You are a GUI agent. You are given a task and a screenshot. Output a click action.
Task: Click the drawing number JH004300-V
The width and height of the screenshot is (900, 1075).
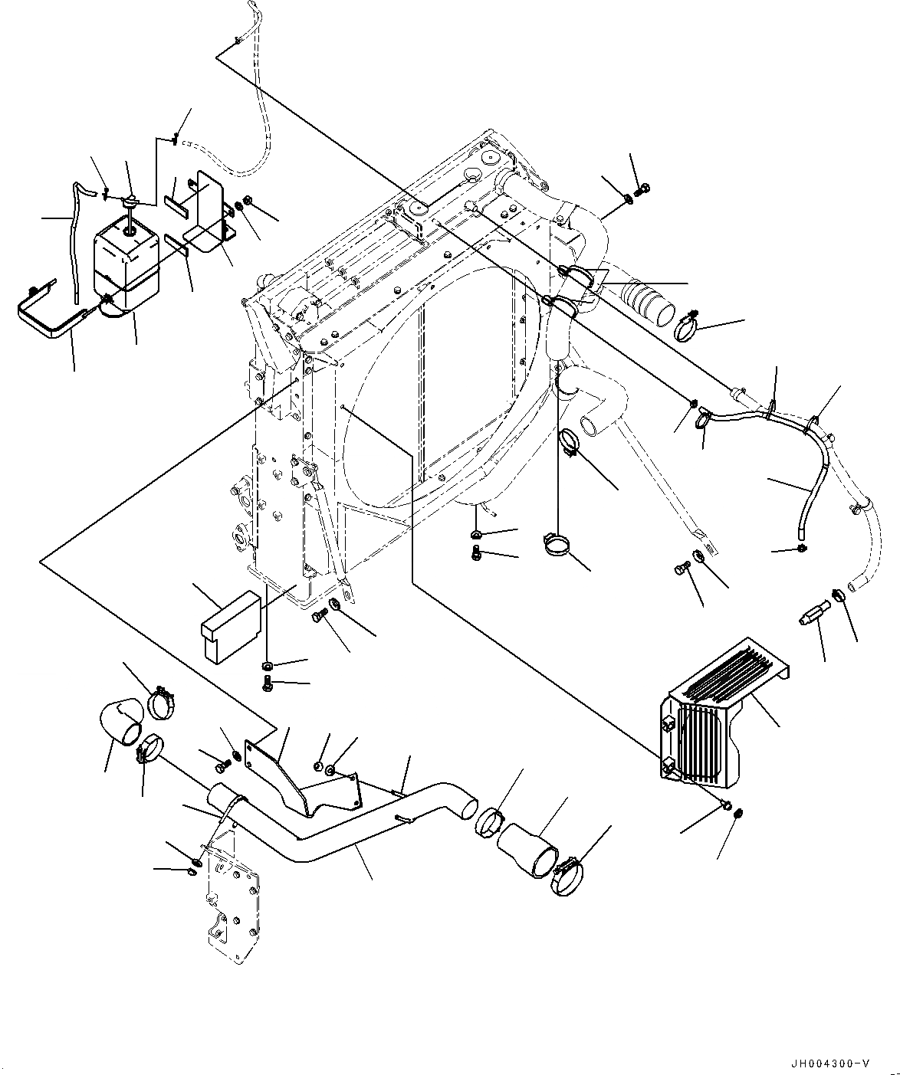coord(831,1063)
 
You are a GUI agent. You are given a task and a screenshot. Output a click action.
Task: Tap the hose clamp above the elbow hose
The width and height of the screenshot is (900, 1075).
coord(162,700)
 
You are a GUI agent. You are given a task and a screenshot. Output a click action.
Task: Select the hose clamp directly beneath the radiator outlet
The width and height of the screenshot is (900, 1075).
coord(559,545)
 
